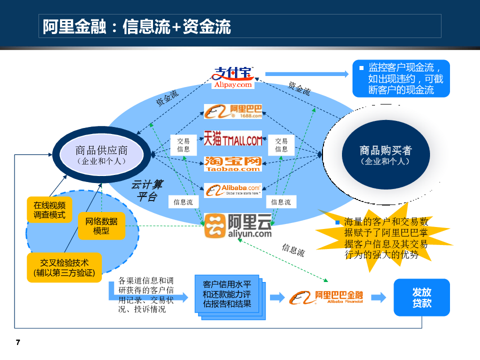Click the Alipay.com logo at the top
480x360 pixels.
(x=233, y=77)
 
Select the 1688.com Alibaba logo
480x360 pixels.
(x=233, y=111)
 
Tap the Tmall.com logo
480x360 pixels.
(x=233, y=138)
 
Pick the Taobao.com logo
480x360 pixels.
(x=233, y=163)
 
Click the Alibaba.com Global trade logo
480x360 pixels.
(x=233, y=190)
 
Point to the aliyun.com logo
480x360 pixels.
(x=238, y=225)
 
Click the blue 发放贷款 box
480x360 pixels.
(x=421, y=297)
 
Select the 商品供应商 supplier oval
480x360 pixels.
(x=101, y=154)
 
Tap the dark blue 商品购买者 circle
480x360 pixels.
(x=385, y=154)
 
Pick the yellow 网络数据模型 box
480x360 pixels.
(x=101, y=225)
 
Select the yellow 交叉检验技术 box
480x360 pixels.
(x=64, y=267)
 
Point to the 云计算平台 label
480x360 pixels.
(x=147, y=190)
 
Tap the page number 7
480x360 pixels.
(x=18, y=342)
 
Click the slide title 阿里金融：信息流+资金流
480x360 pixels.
(x=136, y=26)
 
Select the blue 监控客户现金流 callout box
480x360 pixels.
(x=401, y=78)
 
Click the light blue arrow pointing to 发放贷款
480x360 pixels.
(x=378, y=297)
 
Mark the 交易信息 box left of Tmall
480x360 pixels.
(x=183, y=145)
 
